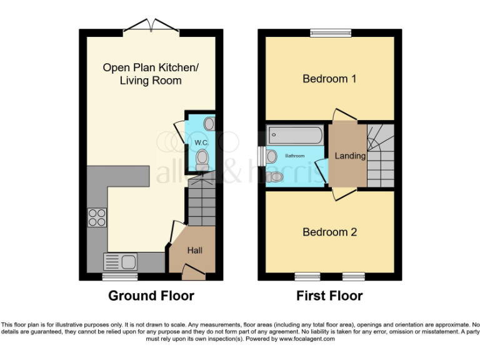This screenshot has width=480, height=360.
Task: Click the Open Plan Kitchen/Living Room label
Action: point(151,74)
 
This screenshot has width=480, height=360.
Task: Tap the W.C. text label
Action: point(201,143)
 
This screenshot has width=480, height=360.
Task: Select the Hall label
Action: point(194,251)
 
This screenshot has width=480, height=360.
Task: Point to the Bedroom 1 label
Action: point(329,79)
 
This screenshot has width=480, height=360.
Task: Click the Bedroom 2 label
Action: point(329,232)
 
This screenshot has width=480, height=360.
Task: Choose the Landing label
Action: point(349,156)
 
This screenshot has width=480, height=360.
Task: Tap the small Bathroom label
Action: point(295,156)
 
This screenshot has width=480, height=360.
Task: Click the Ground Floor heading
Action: point(151,296)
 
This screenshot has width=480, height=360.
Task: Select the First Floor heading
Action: point(329,296)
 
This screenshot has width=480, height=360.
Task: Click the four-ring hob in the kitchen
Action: point(97,216)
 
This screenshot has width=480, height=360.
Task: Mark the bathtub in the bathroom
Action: point(294,134)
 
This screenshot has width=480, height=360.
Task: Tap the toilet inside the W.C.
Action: point(202,162)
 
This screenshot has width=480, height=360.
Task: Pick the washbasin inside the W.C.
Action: point(209,124)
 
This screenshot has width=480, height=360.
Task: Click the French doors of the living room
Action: point(150,25)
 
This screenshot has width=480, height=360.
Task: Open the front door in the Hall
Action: point(194,271)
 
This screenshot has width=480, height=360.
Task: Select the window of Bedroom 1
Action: point(329,32)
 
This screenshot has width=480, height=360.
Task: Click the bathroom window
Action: point(261,155)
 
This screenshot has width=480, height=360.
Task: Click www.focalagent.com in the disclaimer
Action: point(306,339)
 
